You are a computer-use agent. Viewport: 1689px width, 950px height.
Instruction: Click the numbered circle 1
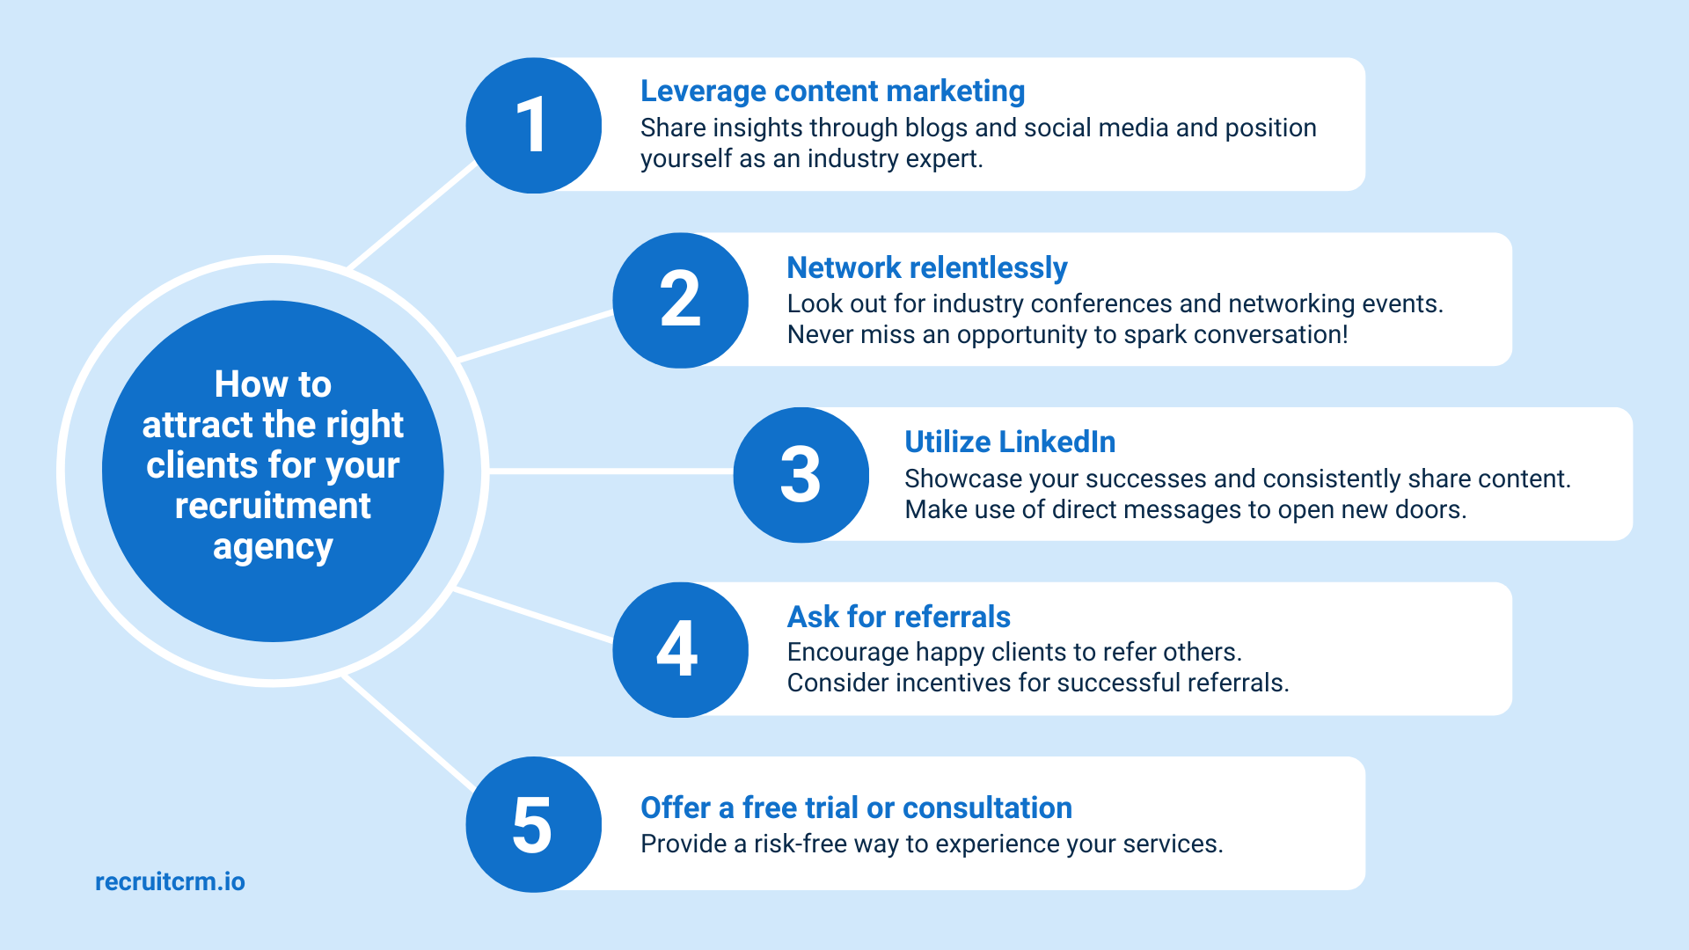tap(533, 125)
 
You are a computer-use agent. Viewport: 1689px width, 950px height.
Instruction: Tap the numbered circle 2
tap(680, 300)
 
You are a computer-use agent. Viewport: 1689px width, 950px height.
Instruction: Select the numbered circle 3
tap(801, 475)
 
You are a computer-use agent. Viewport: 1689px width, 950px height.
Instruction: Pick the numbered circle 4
tap(680, 649)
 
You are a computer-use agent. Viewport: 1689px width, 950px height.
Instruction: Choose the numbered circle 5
tap(533, 824)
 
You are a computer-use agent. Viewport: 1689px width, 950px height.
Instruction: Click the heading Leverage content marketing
tap(832, 91)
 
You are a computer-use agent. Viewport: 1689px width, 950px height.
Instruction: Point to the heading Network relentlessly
tap(926, 267)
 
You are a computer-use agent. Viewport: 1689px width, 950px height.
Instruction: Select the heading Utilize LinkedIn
tap(1009, 442)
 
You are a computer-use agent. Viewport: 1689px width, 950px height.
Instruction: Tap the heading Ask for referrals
tap(898, 617)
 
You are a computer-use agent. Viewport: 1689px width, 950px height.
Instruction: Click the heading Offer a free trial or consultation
tap(856, 807)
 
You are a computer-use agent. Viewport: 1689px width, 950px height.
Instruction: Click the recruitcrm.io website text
tap(170, 881)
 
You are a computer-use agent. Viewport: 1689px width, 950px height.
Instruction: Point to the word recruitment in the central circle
tap(273, 506)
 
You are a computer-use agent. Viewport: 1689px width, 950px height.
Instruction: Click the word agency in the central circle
tap(273, 547)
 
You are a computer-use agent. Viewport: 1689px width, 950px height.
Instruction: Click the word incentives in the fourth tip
tap(953, 683)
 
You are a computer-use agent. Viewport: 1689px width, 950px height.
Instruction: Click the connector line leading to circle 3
tap(611, 471)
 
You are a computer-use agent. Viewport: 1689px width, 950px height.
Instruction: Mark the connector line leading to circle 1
tap(413, 216)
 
